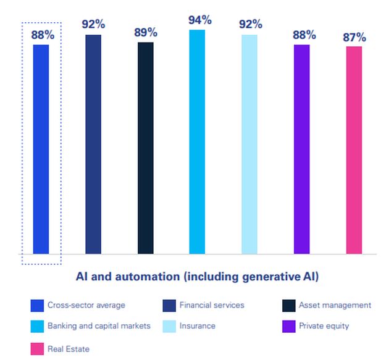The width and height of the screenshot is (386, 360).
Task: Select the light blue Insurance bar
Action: pos(250,144)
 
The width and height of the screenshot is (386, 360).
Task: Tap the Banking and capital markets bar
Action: pos(197,142)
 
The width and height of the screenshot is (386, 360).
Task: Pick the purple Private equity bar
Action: pos(301,149)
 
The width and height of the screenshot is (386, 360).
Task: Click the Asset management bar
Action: pos(146,148)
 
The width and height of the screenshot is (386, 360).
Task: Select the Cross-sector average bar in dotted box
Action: pos(41,149)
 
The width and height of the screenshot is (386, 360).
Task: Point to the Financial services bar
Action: pos(93,144)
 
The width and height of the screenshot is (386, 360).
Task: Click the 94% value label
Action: pos(199,20)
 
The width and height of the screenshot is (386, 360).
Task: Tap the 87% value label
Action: pos(355,38)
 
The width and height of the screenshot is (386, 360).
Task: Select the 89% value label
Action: pos(146,33)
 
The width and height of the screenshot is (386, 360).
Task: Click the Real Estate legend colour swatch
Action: pos(36,349)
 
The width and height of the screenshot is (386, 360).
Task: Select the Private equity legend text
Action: pos(324,326)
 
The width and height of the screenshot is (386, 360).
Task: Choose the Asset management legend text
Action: pos(335,305)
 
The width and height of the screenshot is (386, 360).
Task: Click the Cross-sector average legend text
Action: pos(86,305)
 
